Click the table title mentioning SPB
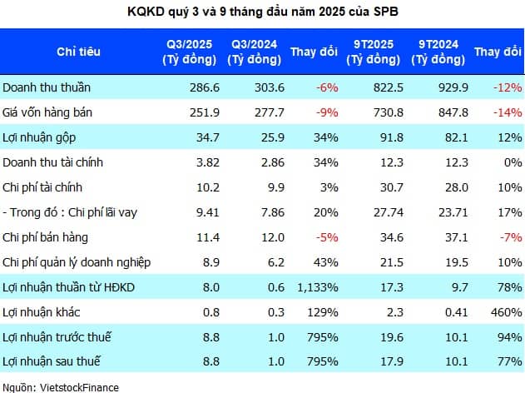click(263, 12)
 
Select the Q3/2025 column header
click(190, 51)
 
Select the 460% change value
click(508, 312)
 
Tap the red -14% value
click(508, 112)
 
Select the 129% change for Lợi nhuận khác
click(323, 312)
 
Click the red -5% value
click(327, 237)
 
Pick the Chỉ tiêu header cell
click(78, 51)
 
